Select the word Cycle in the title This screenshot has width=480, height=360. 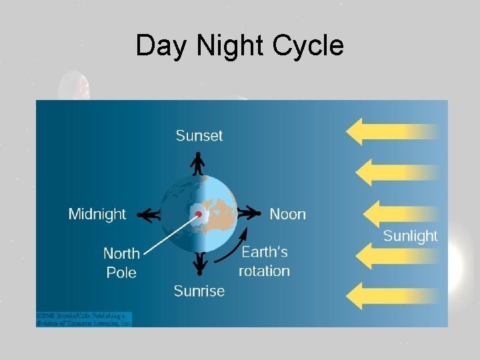pyautogui.click(x=310, y=46)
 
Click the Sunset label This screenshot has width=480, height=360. pyautogui.click(x=199, y=135)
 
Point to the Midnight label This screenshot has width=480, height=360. pyautogui.click(x=97, y=214)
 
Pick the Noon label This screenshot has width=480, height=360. pyautogui.click(x=287, y=214)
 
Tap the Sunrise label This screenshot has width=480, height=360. pyautogui.click(x=199, y=291)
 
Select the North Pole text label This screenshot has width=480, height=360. pyautogui.click(x=121, y=263)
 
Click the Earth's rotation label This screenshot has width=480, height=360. pyautogui.click(x=264, y=261)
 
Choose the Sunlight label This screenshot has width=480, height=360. pyautogui.click(x=410, y=236)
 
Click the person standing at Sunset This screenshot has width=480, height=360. pyautogui.click(x=198, y=163)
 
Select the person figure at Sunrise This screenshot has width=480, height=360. pyautogui.click(x=199, y=264)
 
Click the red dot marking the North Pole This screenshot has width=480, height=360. pyautogui.click(x=198, y=215)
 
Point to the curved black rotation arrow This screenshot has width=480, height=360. pyautogui.click(x=237, y=247)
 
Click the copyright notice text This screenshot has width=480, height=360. pyautogui.click(x=84, y=319)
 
